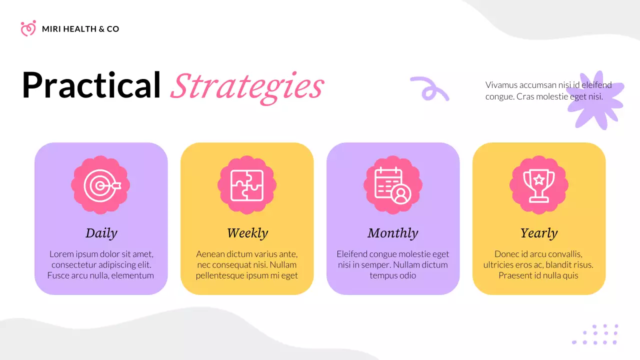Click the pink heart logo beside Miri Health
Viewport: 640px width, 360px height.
tap(28, 28)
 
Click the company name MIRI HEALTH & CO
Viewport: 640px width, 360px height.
tap(80, 29)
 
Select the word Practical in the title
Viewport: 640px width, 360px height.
tap(91, 85)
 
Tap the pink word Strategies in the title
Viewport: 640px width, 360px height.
tap(247, 86)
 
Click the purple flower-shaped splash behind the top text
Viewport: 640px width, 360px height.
tap(597, 100)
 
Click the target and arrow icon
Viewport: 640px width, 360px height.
tap(100, 185)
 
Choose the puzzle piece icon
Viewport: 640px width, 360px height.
tap(246, 185)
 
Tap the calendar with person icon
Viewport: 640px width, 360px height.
tap(393, 185)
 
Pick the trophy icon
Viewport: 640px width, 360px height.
tap(539, 185)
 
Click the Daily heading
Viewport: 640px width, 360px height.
tap(101, 233)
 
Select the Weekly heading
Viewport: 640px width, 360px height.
tap(247, 233)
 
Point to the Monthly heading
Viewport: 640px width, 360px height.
tap(393, 233)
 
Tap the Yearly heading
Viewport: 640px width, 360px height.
tap(539, 233)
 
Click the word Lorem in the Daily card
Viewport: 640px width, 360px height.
tap(60, 254)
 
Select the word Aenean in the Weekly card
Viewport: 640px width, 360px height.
tap(210, 254)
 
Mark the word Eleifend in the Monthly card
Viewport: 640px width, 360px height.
tap(352, 254)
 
